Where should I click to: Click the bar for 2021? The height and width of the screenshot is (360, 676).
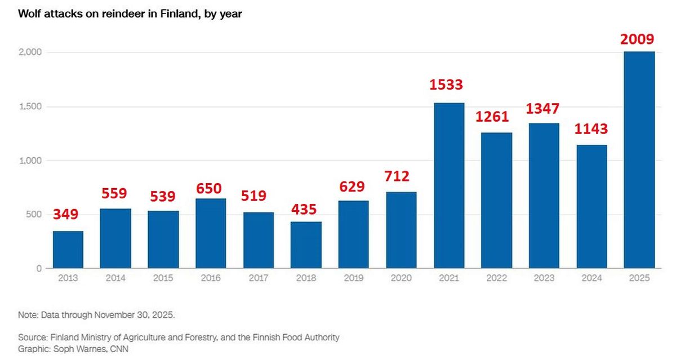tap(449, 186)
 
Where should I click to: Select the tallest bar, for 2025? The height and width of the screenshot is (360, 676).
tap(639, 160)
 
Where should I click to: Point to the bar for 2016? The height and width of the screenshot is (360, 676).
tap(211, 233)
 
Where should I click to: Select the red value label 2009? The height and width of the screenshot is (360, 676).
tap(637, 39)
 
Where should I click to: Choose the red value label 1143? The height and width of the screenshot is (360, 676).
tap(591, 129)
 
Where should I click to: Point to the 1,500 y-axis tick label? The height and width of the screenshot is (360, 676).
tap(31, 106)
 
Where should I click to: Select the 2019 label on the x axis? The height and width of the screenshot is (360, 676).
tap(353, 278)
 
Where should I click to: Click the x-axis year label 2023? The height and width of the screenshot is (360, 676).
tap(544, 278)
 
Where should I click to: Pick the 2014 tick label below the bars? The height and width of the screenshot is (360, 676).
tap(115, 278)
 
